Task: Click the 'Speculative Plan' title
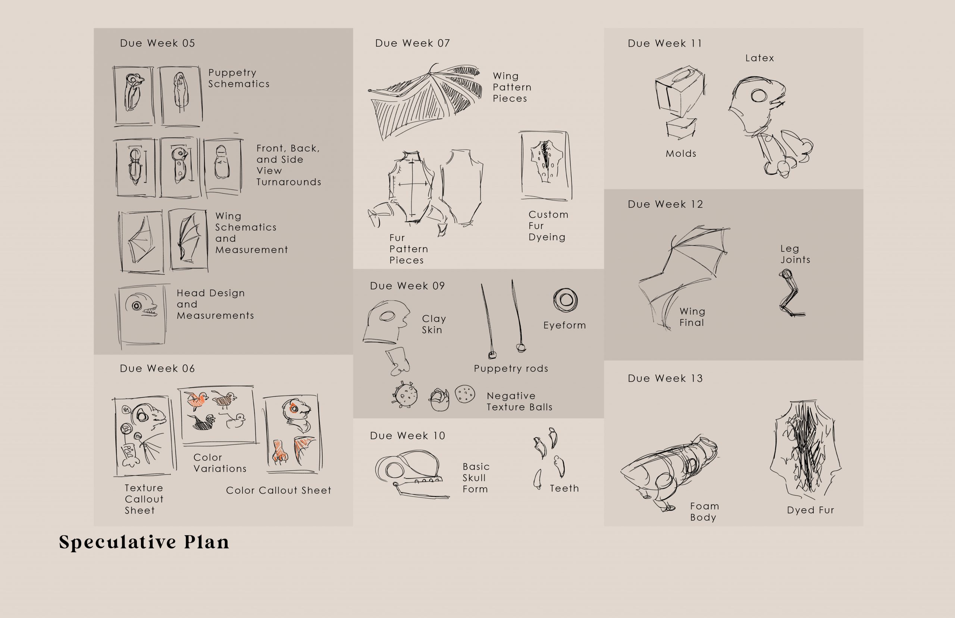(144, 542)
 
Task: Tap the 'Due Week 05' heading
(157, 43)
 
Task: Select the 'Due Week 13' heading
(665, 378)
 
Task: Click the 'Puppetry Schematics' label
(239, 78)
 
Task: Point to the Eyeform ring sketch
(565, 300)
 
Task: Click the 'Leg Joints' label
(795, 254)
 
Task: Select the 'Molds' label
(681, 153)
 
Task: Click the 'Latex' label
(759, 58)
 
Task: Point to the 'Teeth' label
(564, 489)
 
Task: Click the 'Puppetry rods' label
(511, 368)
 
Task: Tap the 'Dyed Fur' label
(810, 510)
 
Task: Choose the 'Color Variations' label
(220, 463)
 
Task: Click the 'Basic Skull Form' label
(476, 478)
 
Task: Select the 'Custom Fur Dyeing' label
(548, 226)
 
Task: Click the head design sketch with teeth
(141, 315)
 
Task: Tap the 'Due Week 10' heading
(407, 436)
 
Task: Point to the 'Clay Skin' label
(433, 324)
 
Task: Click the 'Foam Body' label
(704, 512)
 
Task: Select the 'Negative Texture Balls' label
(519, 401)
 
